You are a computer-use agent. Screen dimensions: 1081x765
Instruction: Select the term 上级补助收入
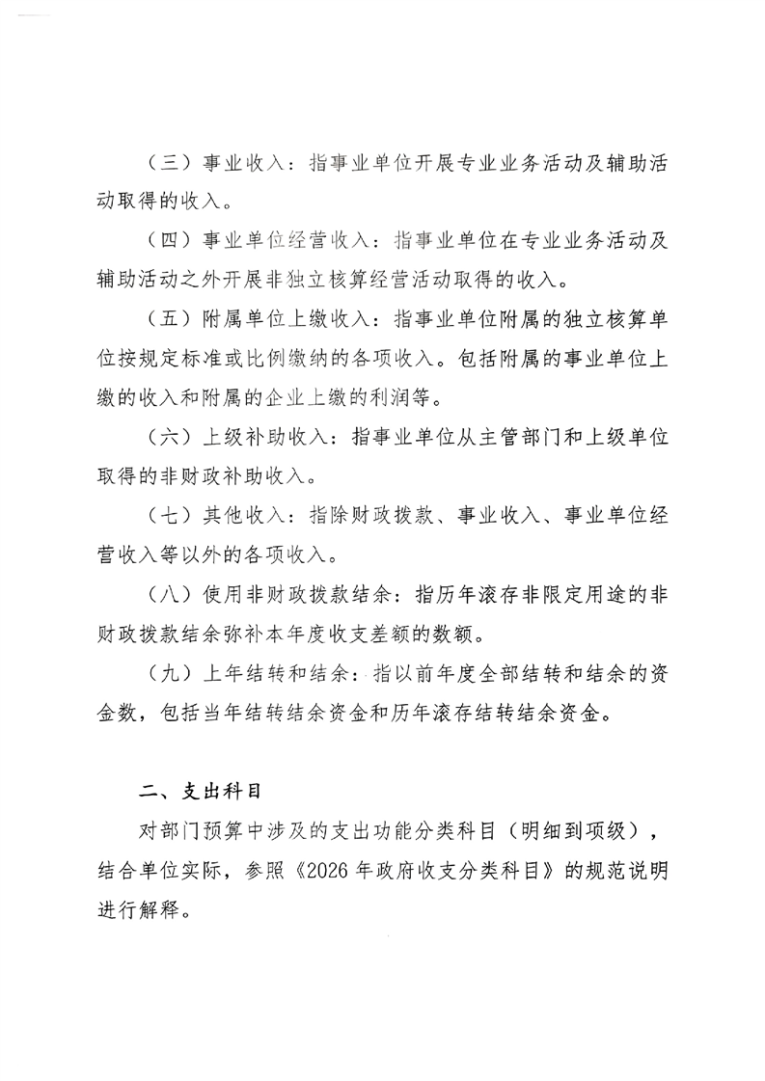tap(256, 436)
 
